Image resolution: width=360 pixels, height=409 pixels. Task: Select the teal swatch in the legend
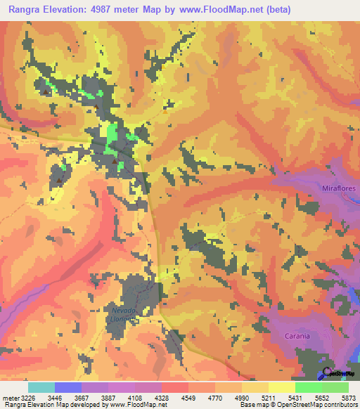pyautogui.click(x=41, y=387)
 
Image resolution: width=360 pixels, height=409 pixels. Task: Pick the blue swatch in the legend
pyautogui.click(x=68, y=387)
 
